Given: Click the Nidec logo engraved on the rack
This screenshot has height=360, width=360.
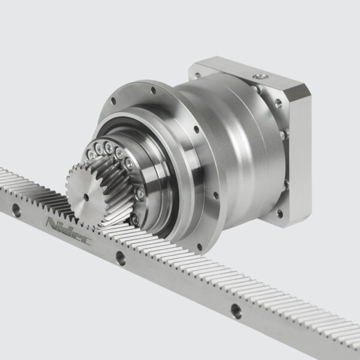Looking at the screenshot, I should (x=68, y=231).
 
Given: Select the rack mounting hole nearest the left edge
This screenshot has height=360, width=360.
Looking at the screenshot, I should (x=16, y=211).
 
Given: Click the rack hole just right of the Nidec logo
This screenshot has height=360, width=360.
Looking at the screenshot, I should (x=121, y=258).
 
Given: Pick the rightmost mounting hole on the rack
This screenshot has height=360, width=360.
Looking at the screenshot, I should (x=235, y=311).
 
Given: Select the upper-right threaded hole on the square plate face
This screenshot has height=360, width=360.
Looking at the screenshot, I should (x=278, y=103).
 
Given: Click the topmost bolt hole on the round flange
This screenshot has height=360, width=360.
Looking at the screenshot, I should (x=152, y=91).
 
